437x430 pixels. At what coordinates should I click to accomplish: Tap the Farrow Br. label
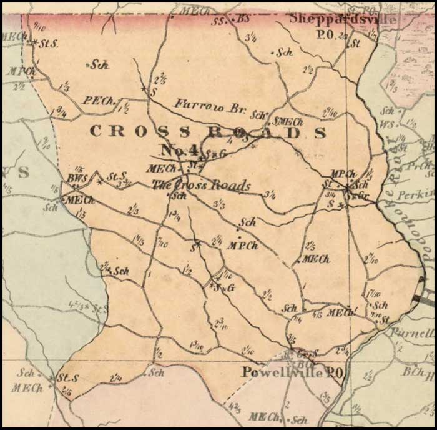coord(210,107)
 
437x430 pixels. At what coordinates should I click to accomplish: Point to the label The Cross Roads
coord(202,186)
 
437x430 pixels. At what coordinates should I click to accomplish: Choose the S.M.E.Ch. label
coord(288,122)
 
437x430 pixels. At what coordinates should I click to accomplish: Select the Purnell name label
coord(413,333)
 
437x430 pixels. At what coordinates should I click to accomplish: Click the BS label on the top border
coord(243,19)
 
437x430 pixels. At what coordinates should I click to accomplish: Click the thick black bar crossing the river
coord(424,301)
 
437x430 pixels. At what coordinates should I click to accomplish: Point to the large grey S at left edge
coord(23,172)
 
